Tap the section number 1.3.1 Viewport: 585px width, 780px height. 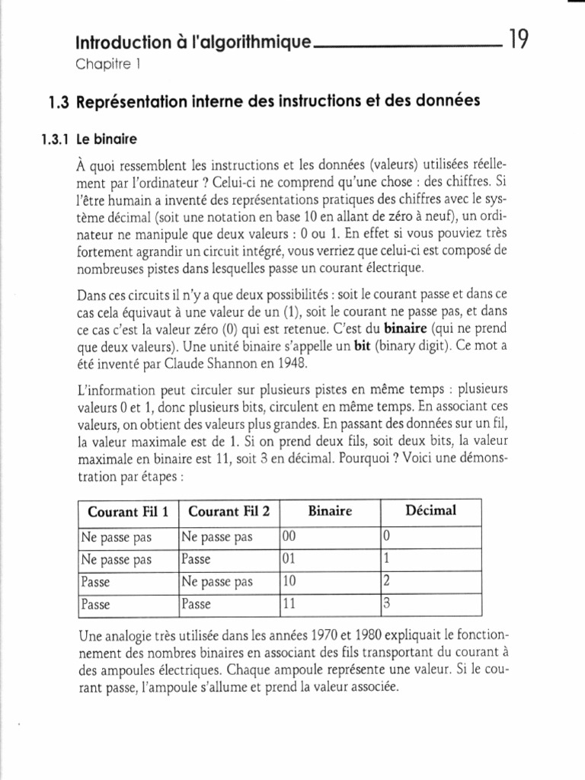pyautogui.click(x=54, y=139)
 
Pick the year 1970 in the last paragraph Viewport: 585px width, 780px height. pyautogui.click(x=331, y=635)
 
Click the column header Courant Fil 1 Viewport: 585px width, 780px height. pyautogui.click(x=128, y=511)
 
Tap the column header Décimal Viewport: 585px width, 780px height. pyautogui.click(x=430, y=510)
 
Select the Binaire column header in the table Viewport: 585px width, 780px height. pyautogui.click(x=329, y=511)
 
